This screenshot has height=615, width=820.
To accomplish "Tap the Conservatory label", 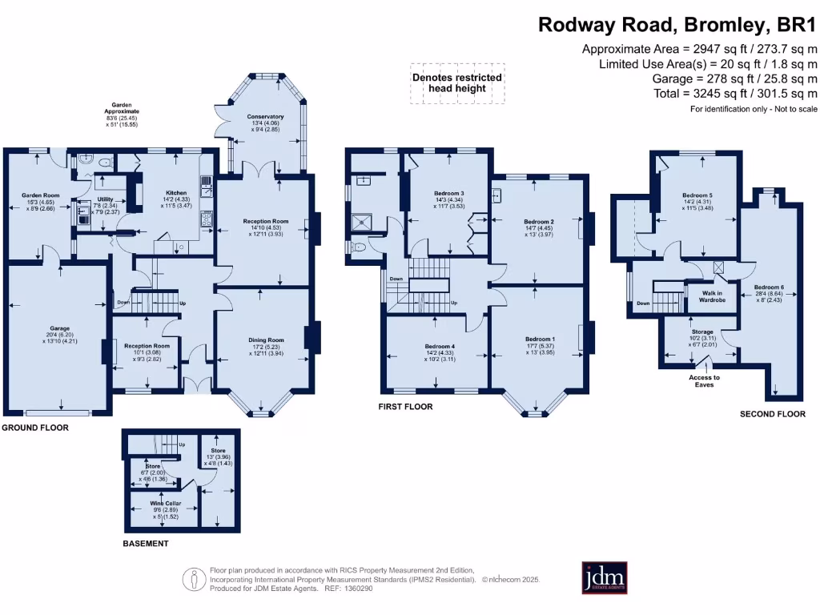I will pos(266,117).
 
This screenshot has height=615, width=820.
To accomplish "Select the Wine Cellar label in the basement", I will pos(167,504).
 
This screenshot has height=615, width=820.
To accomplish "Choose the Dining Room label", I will pos(266,340).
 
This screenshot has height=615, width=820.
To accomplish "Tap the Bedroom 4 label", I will pos(440,347).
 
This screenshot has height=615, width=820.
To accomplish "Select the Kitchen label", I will pos(176,193).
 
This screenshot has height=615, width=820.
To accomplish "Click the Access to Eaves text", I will pos(705,381).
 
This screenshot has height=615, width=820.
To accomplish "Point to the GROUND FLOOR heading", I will pos(34,428).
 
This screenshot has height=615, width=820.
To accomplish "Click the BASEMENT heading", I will pos(146,544).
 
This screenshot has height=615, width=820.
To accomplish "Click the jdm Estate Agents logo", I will pos(604,577).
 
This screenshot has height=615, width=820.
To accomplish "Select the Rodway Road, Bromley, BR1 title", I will pos(677,24).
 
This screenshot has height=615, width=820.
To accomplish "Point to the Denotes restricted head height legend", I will pos(457,82).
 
